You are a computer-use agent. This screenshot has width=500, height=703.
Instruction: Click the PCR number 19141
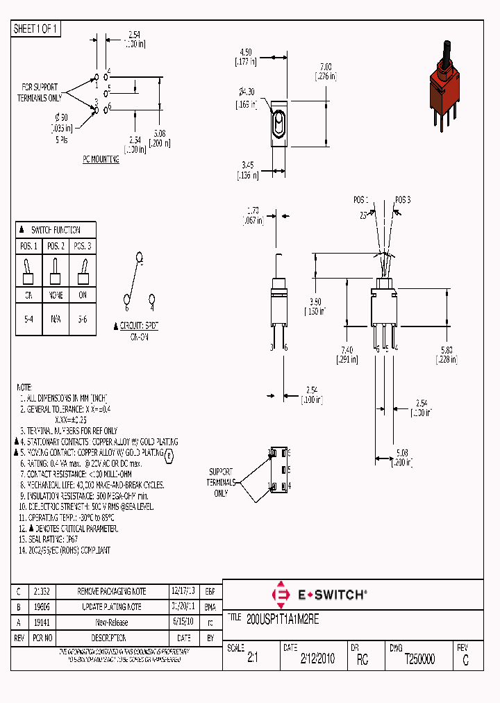click(x=43, y=622)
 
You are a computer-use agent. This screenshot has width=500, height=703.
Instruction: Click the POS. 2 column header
click(x=56, y=247)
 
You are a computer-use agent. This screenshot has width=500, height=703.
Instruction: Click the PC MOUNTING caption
click(x=101, y=159)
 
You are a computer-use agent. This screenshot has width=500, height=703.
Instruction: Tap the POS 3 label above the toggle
click(x=403, y=199)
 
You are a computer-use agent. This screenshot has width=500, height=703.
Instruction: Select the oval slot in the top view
click(x=278, y=126)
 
